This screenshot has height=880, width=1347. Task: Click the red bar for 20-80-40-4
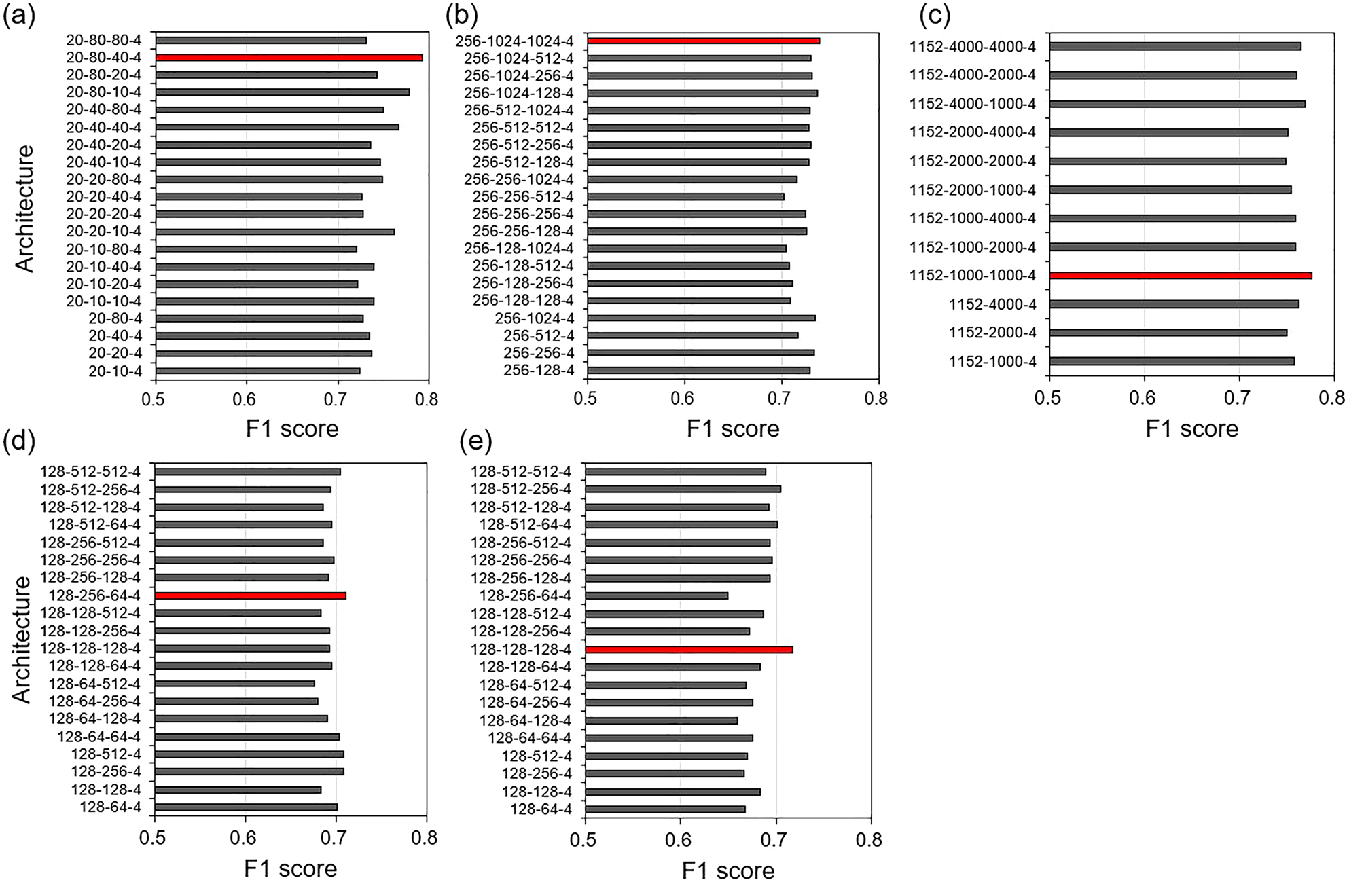tap(289, 58)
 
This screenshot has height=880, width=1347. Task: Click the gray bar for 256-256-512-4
tap(685, 197)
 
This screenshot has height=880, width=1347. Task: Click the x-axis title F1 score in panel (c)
tap(1191, 429)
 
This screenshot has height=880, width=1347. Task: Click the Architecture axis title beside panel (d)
tap(22, 638)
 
